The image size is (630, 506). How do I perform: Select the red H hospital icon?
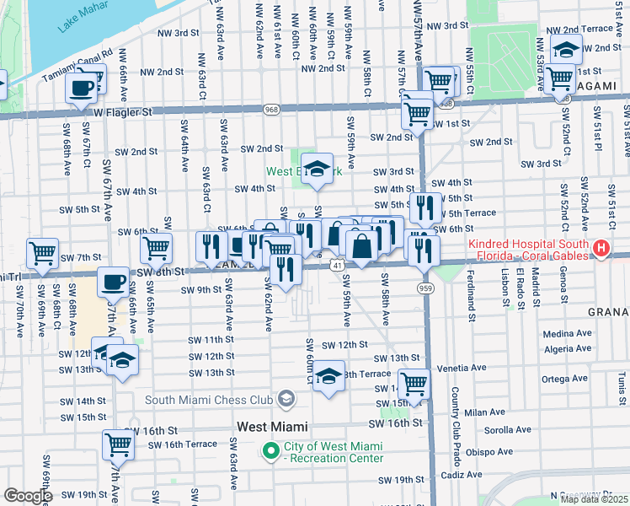coord(601,248)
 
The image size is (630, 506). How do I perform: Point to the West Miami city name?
coord(272,427)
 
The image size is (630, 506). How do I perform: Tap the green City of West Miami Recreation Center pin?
coord(271,452)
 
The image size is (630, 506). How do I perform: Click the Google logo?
coord(28,497)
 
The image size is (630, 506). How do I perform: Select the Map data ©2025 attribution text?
coord(594,499)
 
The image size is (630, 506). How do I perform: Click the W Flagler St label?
coord(123,111)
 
